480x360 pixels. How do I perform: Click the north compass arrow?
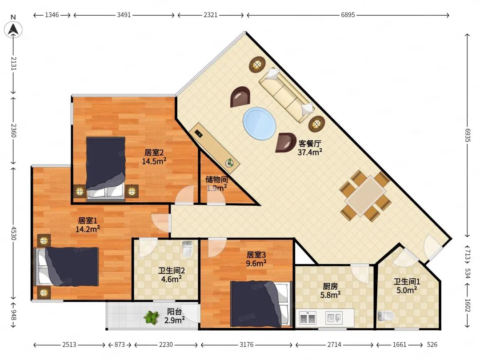pyautogui.click(x=13, y=29)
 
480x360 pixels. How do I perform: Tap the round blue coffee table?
pyautogui.click(x=259, y=124)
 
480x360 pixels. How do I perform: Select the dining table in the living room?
pyautogui.click(x=365, y=196)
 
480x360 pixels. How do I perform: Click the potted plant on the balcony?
pyautogui.click(x=152, y=317)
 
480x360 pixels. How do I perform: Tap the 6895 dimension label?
pyautogui.click(x=348, y=15)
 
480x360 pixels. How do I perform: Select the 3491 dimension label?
pyautogui.click(x=124, y=15)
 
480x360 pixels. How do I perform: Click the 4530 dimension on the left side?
pyautogui.click(x=13, y=233)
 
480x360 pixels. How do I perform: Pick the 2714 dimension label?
pyautogui.click(x=334, y=345)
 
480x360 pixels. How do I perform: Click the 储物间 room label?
pyautogui.click(x=216, y=179)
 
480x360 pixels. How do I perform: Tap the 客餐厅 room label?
pyautogui.click(x=310, y=143)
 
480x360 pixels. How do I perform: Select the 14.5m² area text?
pyautogui.click(x=154, y=161)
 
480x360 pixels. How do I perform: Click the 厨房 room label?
pyautogui.click(x=330, y=286)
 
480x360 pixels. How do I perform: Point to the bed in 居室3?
pyautogui.click(x=260, y=304)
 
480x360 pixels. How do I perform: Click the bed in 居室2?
pyautogui.click(x=106, y=169)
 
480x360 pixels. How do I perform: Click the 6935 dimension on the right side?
pyautogui.click(x=467, y=135)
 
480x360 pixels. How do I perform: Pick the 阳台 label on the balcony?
pyautogui.click(x=175, y=312)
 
